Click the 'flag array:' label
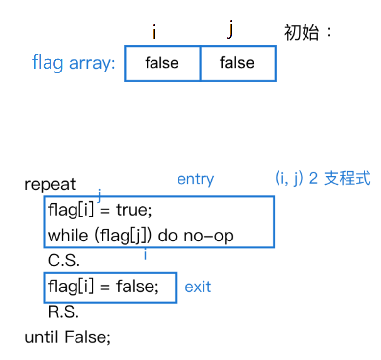tap(74, 63)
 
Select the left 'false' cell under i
tap(162, 63)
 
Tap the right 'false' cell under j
tap(237, 63)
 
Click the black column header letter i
tap(154, 32)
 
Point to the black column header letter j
tap(230, 30)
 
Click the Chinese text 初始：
tap(308, 33)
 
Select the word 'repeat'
tap(50, 185)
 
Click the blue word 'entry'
tap(195, 179)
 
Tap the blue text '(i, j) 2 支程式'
tap(322, 179)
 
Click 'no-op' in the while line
tap(208, 236)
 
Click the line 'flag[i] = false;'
tap(103, 286)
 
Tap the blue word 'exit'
tap(198, 287)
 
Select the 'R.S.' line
tap(63, 312)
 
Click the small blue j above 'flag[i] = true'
tap(99, 196)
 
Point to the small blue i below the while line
tap(145, 254)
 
